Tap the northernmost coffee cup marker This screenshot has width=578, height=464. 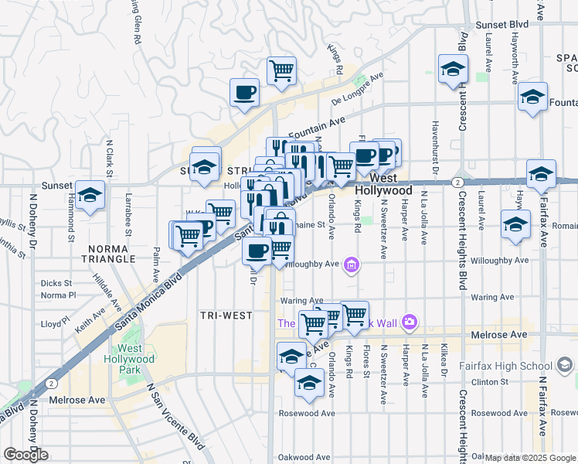(244, 92)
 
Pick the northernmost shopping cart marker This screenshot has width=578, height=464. (281, 70)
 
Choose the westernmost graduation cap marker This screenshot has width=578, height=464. (90, 196)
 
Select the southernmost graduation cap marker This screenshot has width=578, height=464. (309, 382)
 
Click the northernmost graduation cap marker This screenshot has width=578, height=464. (452, 68)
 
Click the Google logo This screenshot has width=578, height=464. (25, 455)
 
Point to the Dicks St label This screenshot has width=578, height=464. (56, 283)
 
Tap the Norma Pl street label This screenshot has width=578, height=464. (58, 295)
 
